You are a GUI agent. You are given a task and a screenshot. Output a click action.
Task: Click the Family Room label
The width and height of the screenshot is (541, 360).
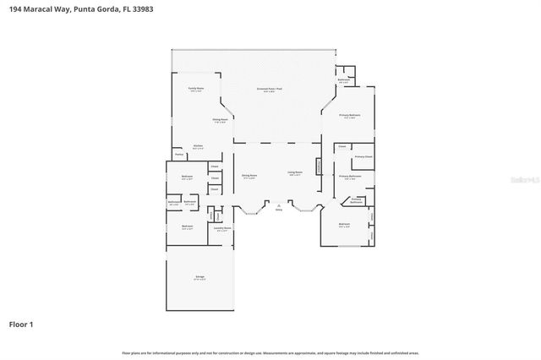coord(195,88)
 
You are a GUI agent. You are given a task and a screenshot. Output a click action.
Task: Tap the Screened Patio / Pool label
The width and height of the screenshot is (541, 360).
coord(270,89)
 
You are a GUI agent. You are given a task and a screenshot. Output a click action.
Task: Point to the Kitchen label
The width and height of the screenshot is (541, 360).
coord(198,146)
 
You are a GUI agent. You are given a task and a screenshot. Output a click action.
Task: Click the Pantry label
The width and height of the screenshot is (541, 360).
coord(179,155)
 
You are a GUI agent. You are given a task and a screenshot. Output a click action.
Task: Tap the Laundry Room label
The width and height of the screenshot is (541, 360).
coord(221,228)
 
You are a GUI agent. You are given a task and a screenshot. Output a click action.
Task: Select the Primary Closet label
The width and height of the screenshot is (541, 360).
coord(363,157)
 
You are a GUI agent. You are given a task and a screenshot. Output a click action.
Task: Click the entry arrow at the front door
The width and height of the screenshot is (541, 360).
coord(278,204)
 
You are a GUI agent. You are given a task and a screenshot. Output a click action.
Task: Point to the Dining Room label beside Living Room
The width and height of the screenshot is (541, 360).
coord(249,176)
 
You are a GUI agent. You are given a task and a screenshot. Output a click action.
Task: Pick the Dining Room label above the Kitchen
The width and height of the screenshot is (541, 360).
coord(219,120)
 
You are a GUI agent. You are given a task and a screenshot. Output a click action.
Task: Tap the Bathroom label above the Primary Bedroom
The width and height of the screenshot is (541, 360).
coord(343,80)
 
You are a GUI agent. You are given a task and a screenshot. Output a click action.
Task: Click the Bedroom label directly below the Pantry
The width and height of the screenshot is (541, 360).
coord(187,177)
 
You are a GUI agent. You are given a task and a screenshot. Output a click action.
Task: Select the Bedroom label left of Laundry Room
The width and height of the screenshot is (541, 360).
coord(187,227)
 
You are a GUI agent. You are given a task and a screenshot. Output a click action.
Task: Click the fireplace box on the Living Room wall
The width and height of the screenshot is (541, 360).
coord(319,166)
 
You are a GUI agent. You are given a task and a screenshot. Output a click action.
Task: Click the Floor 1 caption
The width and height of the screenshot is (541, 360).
coord(21,324)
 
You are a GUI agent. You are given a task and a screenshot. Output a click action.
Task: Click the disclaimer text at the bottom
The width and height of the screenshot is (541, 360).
coord(270,352)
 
